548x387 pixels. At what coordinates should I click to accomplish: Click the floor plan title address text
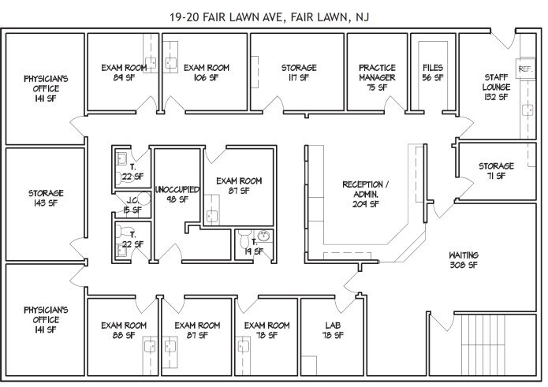tap(269, 17)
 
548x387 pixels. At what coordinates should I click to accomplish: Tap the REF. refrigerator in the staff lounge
tap(525, 69)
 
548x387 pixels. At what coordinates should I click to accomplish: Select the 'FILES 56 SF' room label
tap(433, 73)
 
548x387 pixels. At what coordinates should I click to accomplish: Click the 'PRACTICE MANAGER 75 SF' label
tap(377, 77)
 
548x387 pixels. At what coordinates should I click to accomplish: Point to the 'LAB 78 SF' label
tap(333, 330)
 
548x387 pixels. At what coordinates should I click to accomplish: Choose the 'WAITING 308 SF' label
tap(464, 260)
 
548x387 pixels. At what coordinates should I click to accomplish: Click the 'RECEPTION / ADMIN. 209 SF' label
tap(365, 194)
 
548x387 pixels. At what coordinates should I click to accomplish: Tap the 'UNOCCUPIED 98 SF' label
tap(177, 195)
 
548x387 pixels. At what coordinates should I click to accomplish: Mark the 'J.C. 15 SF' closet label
tap(132, 206)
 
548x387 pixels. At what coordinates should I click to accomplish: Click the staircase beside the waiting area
tap(483, 344)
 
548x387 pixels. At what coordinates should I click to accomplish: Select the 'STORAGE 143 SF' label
tap(46, 198)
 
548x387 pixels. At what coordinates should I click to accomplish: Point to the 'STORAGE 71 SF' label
tap(496, 171)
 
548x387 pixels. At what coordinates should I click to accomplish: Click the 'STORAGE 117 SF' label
tap(299, 73)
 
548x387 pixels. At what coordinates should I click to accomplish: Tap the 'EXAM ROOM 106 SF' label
tap(207, 73)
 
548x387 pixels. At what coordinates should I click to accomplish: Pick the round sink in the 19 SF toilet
tap(264, 236)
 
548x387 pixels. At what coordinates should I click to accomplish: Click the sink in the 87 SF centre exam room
tap(212, 216)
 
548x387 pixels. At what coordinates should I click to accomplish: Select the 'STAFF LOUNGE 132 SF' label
tap(496, 87)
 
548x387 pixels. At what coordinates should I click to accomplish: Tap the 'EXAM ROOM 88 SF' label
tap(124, 330)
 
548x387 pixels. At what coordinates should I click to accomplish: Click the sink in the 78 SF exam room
tap(243, 347)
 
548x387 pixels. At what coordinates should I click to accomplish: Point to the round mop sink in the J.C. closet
tap(144, 199)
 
